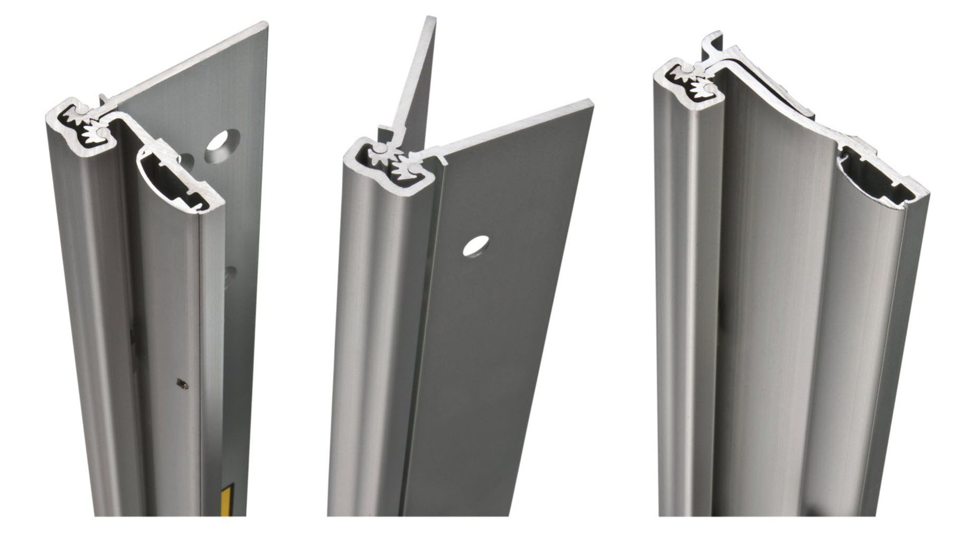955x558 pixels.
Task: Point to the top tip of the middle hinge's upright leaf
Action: [x=431, y=19]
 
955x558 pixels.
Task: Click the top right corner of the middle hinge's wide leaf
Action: [x=591, y=104]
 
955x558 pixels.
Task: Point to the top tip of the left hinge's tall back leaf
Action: [x=264, y=24]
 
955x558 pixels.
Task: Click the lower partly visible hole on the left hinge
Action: [x=231, y=274]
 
